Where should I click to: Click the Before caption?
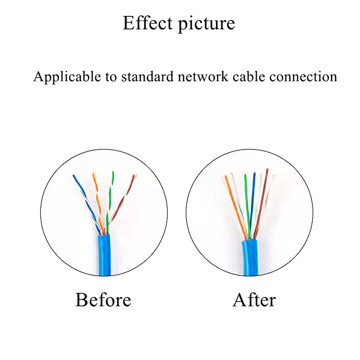point(103,299)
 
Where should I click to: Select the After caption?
point(254,299)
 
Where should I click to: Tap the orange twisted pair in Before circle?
point(97,198)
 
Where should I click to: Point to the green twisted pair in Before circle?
point(109,198)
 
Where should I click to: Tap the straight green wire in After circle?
point(246,202)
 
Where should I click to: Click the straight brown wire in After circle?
point(262,202)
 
